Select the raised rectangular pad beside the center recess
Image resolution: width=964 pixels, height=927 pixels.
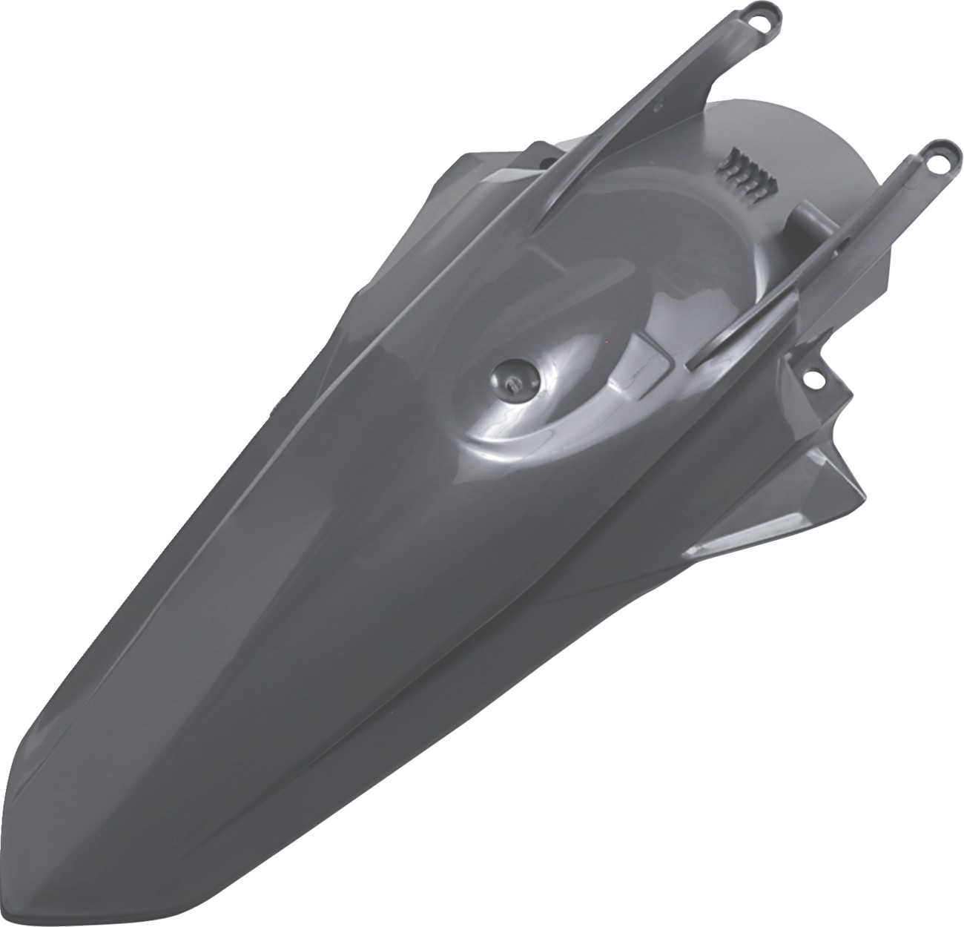[x=653, y=356]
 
